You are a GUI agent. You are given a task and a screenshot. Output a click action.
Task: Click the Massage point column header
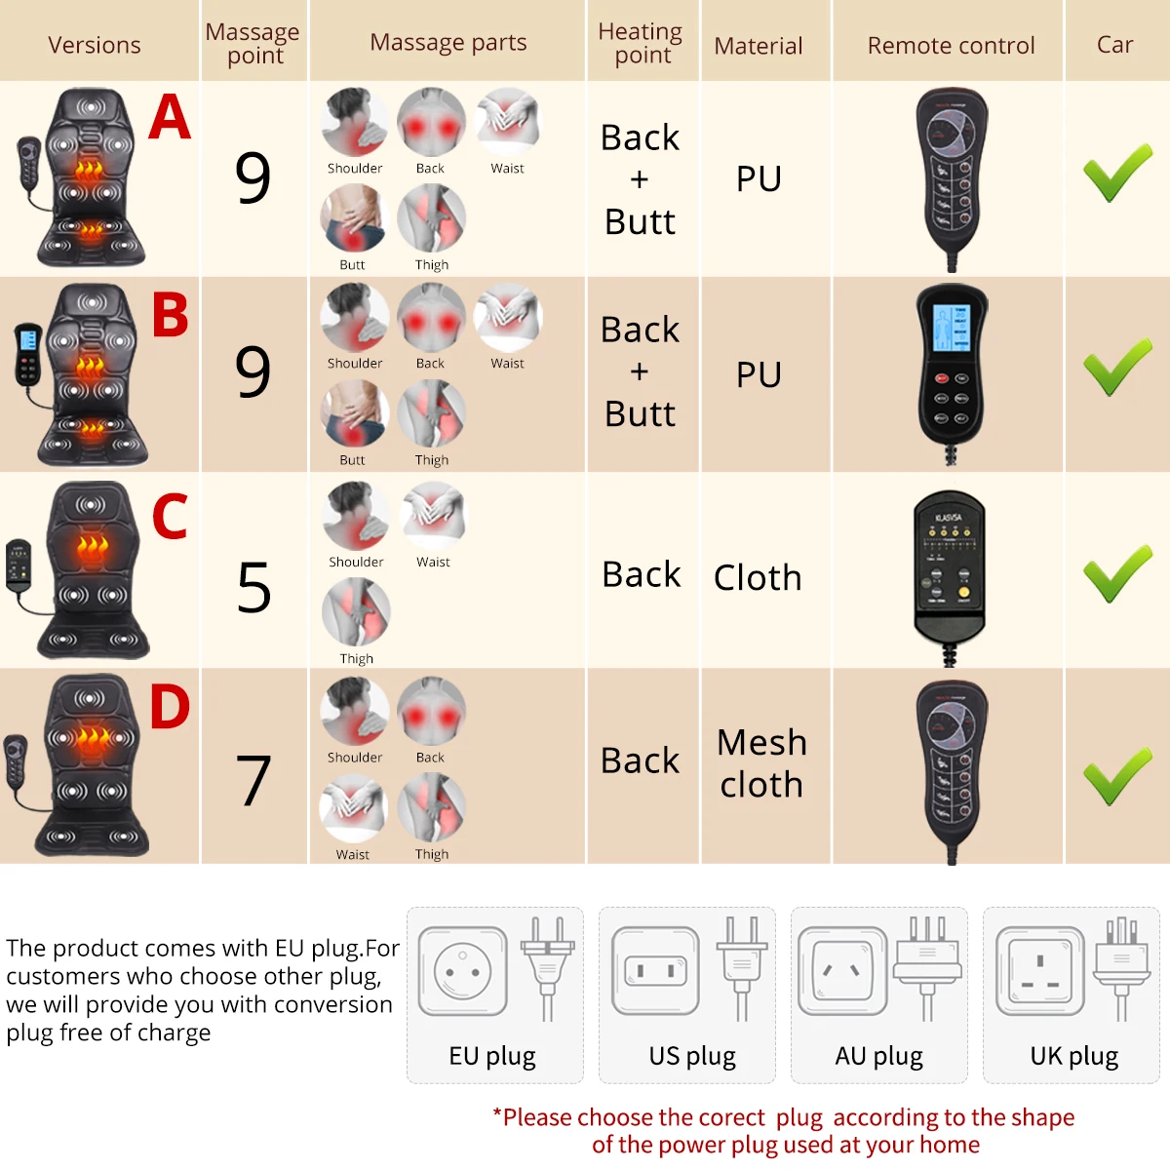[253, 44]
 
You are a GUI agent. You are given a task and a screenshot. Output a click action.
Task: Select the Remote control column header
[951, 46]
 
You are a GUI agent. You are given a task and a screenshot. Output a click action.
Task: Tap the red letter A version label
[170, 117]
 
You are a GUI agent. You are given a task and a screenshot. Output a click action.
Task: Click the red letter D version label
[170, 707]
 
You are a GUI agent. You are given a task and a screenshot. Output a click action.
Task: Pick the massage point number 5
[253, 588]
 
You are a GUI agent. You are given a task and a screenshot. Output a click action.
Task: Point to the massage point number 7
[253, 781]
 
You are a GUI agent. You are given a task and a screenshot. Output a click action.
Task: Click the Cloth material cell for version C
[758, 578]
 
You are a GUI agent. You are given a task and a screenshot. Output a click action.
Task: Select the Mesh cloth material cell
[761, 763]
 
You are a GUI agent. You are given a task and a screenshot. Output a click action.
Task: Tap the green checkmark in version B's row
[1117, 369]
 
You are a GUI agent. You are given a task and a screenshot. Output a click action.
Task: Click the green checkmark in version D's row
[1117, 777]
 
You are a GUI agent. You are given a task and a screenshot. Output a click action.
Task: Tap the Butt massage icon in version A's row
[354, 218]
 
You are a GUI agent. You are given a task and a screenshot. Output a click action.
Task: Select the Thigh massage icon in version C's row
[356, 611]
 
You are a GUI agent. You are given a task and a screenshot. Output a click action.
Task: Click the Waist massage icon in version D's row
[353, 807]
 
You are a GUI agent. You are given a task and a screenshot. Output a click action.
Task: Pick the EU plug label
[492, 1056]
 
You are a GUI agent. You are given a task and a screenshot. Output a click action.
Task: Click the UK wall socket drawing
[1039, 971]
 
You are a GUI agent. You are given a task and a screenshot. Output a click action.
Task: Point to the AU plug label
[878, 1056]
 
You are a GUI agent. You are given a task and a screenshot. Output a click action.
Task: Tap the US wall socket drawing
[655, 971]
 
